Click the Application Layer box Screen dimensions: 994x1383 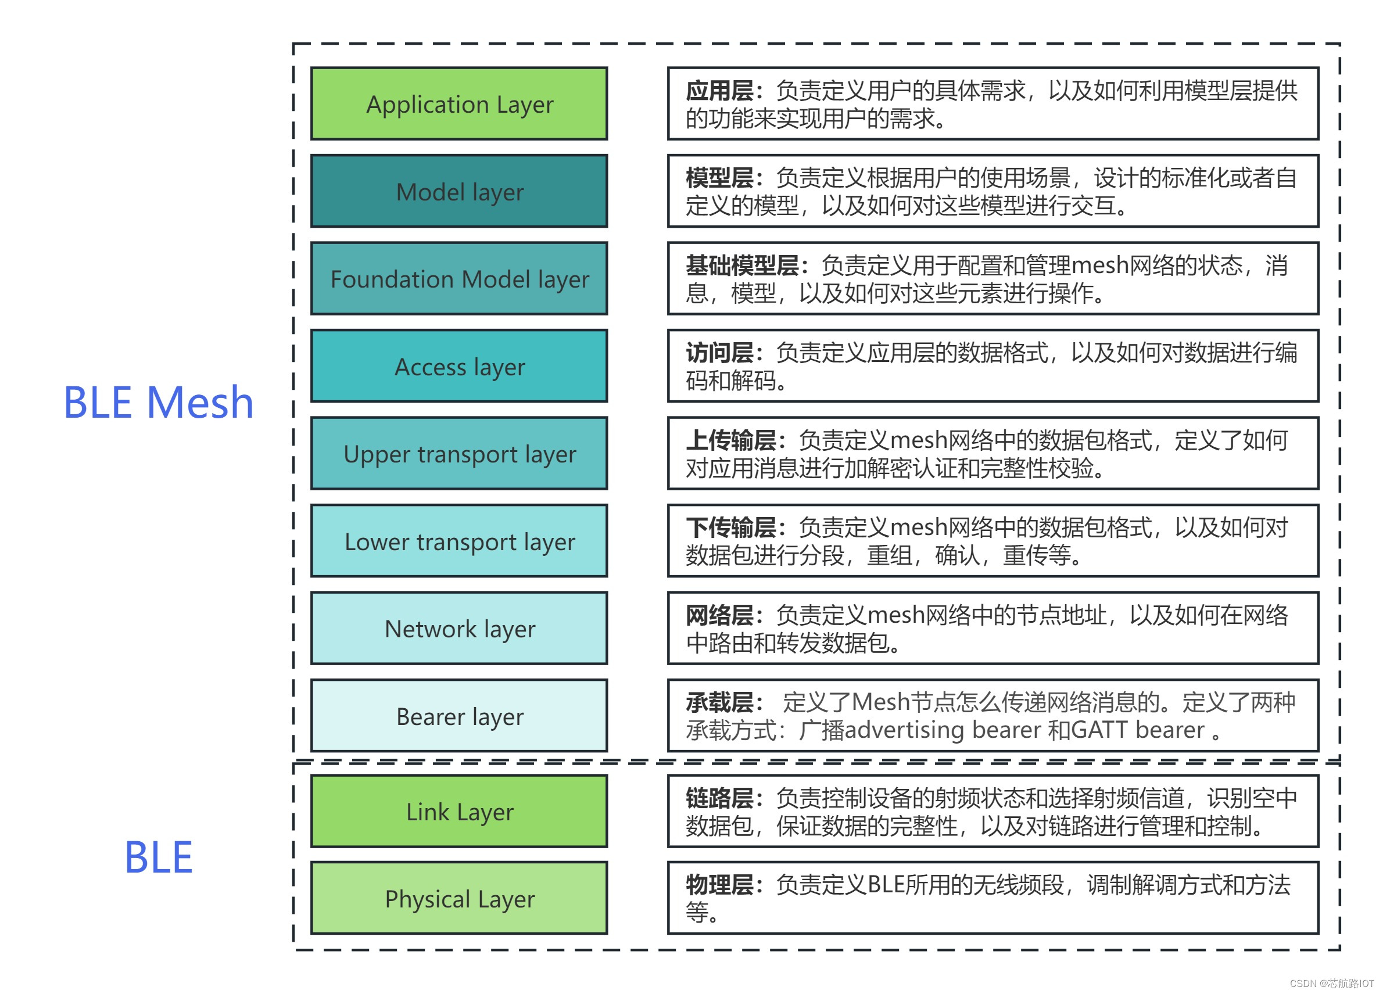[459, 103]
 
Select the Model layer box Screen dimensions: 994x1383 [459, 192]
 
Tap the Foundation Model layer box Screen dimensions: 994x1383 [459, 279]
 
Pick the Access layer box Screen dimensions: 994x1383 [459, 367]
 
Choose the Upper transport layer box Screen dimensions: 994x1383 [459, 454]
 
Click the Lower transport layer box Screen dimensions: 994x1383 [459, 541]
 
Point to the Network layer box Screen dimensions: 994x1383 [459, 628]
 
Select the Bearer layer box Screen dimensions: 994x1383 [459, 716]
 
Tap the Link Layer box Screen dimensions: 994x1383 [459, 812]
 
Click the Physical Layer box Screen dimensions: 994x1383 [459, 898]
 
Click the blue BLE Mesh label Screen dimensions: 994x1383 [159, 403]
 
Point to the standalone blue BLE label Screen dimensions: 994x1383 [159, 857]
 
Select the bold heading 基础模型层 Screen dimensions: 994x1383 [742, 266]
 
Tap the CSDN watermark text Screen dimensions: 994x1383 [1331, 983]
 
